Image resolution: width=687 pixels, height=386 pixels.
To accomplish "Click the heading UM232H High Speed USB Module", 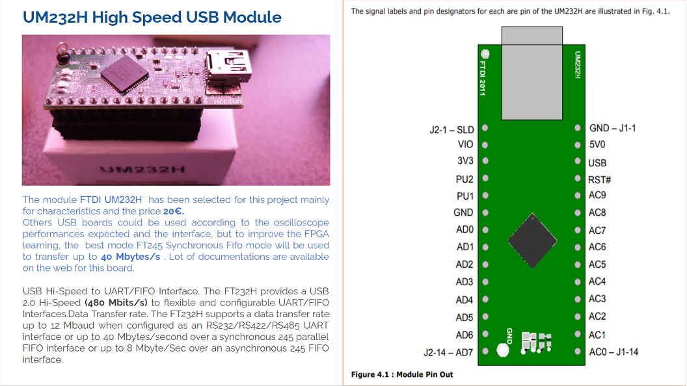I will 152,18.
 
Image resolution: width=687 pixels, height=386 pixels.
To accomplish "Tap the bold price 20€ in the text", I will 174,211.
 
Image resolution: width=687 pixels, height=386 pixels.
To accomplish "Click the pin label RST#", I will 599,179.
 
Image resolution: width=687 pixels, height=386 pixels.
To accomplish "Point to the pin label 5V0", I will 598,145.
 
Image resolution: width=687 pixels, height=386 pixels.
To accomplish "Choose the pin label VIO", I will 465,144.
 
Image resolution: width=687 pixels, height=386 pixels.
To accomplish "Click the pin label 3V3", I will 465,161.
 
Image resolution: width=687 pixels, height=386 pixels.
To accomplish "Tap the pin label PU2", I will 465,179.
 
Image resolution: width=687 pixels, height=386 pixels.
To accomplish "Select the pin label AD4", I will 465,300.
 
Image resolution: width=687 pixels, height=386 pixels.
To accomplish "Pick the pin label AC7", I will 597,230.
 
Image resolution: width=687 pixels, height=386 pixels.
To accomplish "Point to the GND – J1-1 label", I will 612,128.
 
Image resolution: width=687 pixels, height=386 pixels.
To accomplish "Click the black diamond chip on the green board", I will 532,238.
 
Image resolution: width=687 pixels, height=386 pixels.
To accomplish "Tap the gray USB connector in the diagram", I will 532,73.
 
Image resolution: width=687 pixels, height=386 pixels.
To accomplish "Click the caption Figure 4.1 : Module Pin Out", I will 402,374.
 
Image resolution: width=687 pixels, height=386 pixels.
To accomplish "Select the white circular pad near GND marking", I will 502,351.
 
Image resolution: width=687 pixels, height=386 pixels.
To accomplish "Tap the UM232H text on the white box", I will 143,170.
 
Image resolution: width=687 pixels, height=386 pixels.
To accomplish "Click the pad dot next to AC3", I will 577,299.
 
